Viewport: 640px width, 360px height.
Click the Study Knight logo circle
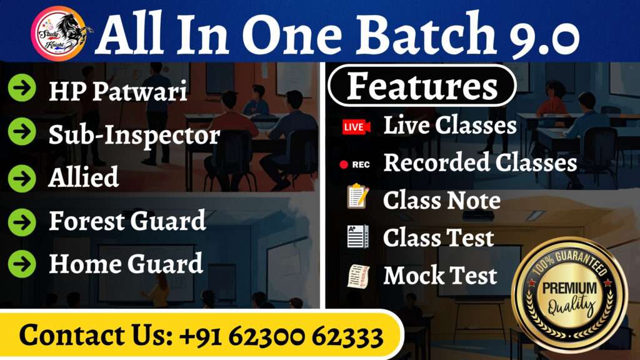59,34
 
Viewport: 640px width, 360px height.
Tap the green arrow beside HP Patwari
22,87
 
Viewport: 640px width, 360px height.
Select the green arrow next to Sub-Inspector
22,131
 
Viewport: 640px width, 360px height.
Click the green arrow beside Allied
22,178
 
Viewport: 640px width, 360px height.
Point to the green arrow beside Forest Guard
22,222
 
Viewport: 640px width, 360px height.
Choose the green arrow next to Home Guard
22,264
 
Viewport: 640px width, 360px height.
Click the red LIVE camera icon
356,127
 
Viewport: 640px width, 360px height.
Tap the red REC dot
344,164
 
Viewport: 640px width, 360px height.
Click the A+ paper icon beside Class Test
358,236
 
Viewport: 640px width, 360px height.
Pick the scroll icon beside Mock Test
358,276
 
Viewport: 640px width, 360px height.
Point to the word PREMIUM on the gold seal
569,287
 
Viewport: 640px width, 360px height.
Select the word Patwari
139,91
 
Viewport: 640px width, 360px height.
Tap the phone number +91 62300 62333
282,336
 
